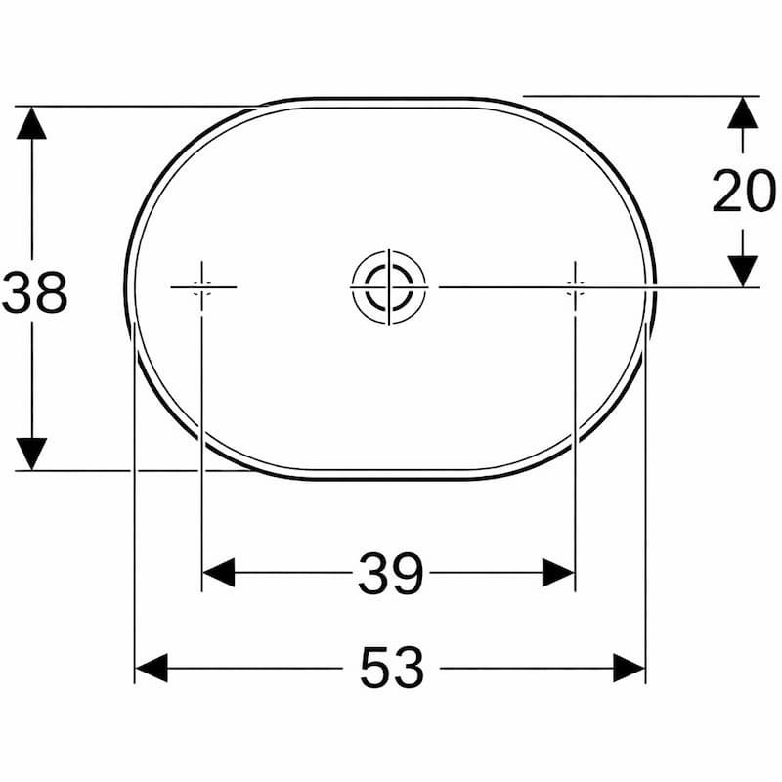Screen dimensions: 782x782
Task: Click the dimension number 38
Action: click(x=35, y=292)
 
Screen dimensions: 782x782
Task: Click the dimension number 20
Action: click(x=744, y=191)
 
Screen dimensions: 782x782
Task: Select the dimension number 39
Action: click(x=390, y=573)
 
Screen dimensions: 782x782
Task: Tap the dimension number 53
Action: click(x=392, y=668)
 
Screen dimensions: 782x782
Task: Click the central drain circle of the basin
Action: click(x=389, y=287)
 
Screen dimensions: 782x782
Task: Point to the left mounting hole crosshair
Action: click(x=202, y=287)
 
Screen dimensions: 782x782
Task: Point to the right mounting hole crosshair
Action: click(x=575, y=287)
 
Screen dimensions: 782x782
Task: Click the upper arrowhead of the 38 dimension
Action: click(x=31, y=123)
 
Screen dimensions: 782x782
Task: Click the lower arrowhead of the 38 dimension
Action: click(x=31, y=454)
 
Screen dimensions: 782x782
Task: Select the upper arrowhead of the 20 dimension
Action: click(x=743, y=112)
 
